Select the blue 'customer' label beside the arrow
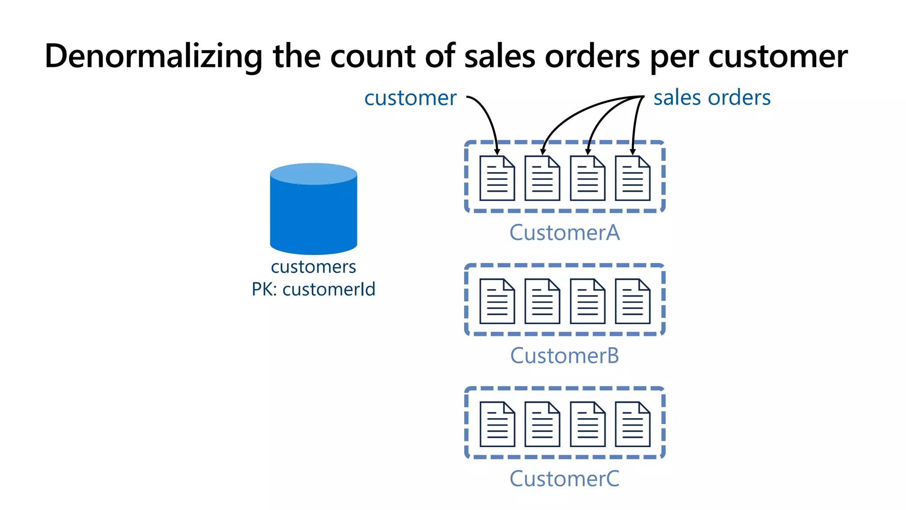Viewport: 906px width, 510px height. (410, 98)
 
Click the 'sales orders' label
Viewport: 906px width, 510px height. (712, 97)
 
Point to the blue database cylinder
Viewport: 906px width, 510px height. (313, 209)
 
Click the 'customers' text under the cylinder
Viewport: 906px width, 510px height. (313, 267)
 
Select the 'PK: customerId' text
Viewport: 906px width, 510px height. (313, 290)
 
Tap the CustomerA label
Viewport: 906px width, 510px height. (564, 233)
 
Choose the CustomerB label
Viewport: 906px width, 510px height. (564, 356)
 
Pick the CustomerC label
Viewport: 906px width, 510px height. (564, 479)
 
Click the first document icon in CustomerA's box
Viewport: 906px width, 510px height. (497, 178)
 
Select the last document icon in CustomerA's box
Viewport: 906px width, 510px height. (633, 178)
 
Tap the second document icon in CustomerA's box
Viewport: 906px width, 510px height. (542, 178)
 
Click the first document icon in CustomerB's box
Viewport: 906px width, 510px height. (497, 301)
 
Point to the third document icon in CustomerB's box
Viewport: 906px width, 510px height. (587, 301)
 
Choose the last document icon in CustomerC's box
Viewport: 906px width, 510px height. (633, 424)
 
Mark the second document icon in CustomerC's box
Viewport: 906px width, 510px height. (542, 424)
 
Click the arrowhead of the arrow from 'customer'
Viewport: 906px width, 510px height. (497, 152)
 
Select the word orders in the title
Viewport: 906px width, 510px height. (592, 57)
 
